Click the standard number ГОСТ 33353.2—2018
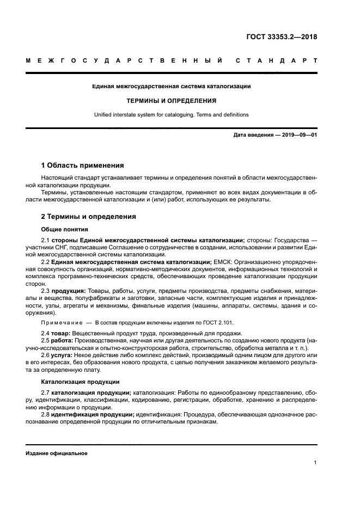[x=280, y=38]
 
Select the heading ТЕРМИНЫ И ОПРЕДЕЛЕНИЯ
[x=172, y=101]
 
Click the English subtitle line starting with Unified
[x=172, y=115]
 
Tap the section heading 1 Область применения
[x=82, y=165]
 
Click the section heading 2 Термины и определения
[x=89, y=216]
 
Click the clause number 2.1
[x=46, y=240]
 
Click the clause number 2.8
[x=46, y=414]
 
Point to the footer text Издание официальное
[x=57, y=453]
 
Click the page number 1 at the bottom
[x=315, y=463]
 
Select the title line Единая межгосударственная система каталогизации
[x=172, y=86]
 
